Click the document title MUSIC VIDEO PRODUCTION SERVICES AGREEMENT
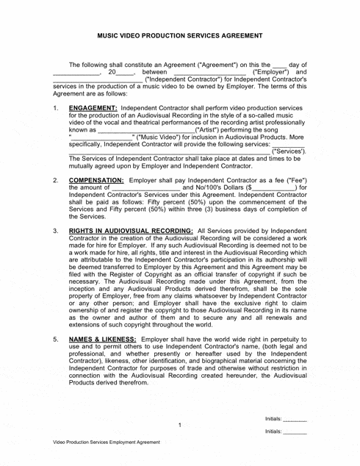180,35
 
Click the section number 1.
57,107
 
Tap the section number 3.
57,231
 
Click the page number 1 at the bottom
180,424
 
